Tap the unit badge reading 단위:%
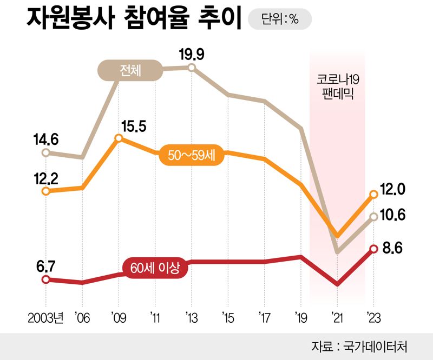pyautogui.click(x=279, y=20)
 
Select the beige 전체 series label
pyautogui.click(x=130, y=70)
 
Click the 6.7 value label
pyautogui.click(x=45, y=266)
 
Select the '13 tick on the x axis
pyautogui.click(x=191, y=317)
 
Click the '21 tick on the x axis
pyautogui.click(x=337, y=317)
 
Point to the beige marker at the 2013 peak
pyautogui.click(x=192, y=68)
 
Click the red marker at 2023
pyautogui.click(x=373, y=249)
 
